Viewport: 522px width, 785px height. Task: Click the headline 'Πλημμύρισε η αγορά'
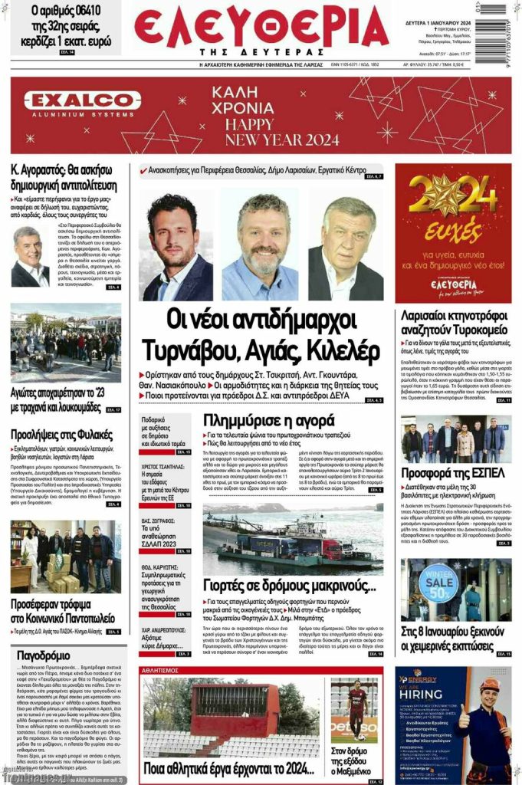pos(268,420)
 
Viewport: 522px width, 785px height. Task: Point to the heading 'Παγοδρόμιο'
pos(43,655)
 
